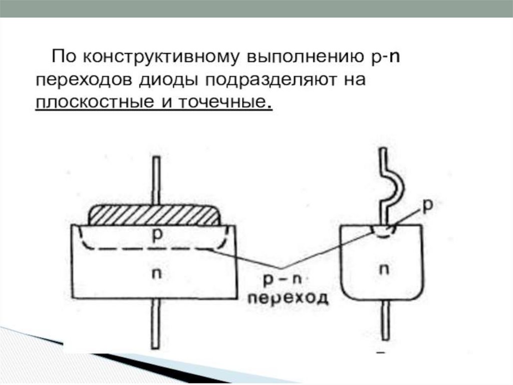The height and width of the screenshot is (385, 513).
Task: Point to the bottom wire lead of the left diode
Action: pos(156,324)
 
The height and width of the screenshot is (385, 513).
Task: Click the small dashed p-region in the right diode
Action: pos(384,230)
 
